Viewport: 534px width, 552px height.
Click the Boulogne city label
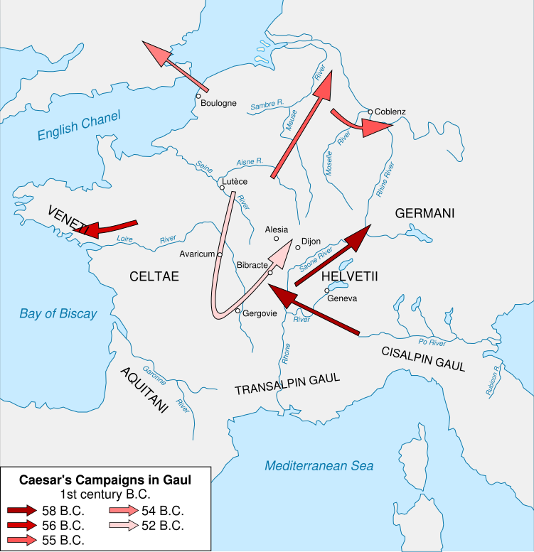218,103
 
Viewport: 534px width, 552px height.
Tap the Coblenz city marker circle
370,112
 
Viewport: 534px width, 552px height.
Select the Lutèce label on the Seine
235,182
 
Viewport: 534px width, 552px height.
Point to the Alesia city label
276,229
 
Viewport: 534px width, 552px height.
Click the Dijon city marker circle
298,247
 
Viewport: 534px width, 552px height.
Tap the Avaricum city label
197,254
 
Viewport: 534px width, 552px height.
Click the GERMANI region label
424,213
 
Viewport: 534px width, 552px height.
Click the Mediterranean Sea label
319,466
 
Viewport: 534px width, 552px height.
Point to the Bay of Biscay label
58,313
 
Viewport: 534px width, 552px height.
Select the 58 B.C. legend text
63,511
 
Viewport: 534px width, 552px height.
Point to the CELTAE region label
154,276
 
